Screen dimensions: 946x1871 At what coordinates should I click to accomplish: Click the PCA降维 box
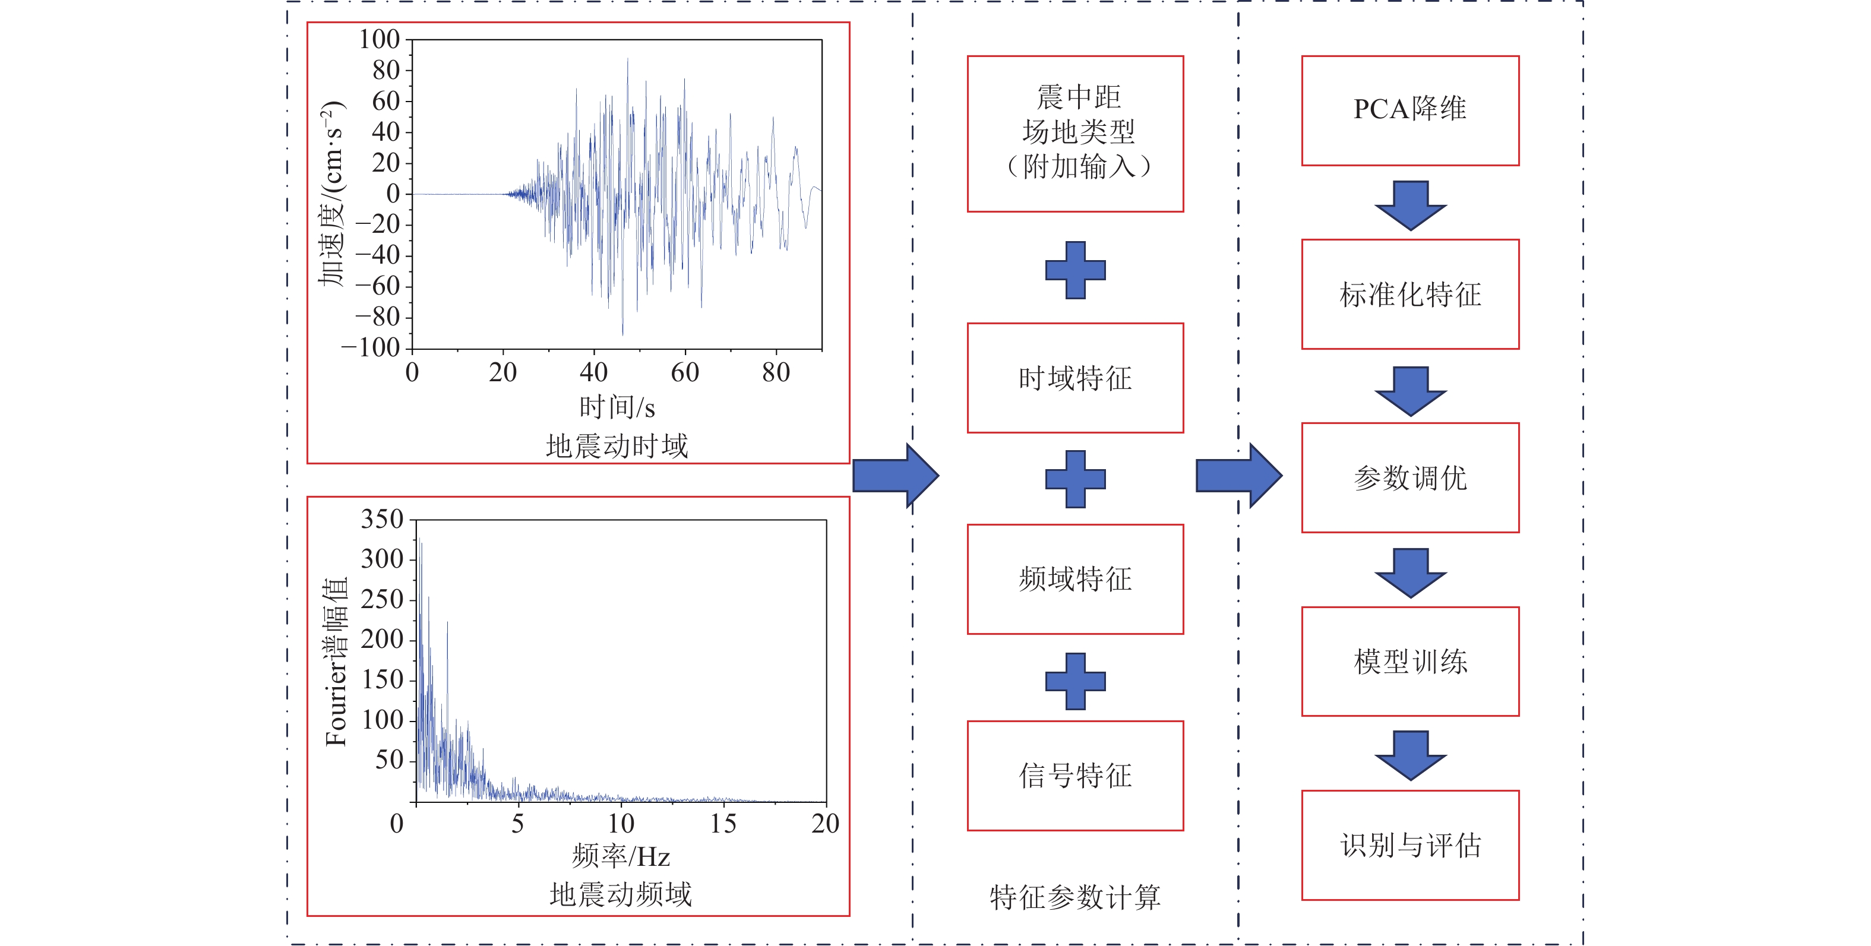tap(1410, 110)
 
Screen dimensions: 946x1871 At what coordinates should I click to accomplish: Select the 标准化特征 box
tap(1410, 294)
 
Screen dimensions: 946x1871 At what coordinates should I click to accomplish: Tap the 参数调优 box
tap(1410, 477)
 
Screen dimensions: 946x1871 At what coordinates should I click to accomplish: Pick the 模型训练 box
tap(1410, 662)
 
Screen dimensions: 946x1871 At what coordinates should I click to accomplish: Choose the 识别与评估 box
tap(1410, 845)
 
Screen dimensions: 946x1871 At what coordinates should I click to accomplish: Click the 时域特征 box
tap(1075, 378)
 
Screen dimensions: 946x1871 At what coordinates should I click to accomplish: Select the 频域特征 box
tap(1075, 578)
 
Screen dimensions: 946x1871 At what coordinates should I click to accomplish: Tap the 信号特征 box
tap(1075, 776)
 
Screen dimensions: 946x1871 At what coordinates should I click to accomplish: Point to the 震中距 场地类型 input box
tap(1075, 134)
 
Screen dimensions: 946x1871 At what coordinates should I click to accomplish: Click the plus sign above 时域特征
tap(1075, 270)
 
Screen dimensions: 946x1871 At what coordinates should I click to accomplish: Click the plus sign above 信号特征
tap(1075, 681)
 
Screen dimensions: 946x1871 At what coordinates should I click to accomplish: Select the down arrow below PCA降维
tap(1411, 205)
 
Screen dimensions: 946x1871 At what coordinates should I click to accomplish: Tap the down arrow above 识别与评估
tap(1411, 755)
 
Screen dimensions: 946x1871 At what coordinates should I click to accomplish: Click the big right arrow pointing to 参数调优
tap(1238, 476)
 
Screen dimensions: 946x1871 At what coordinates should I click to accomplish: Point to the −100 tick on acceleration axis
tap(371, 348)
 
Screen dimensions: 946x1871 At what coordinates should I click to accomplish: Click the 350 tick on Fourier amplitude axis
tap(382, 519)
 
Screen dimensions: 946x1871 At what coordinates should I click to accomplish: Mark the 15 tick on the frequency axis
tap(723, 823)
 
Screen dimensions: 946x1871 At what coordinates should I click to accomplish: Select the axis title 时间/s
tap(617, 407)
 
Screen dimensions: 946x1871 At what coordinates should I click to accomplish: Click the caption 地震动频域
tap(620, 894)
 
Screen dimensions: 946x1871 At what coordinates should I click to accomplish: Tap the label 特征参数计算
tap(1075, 897)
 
